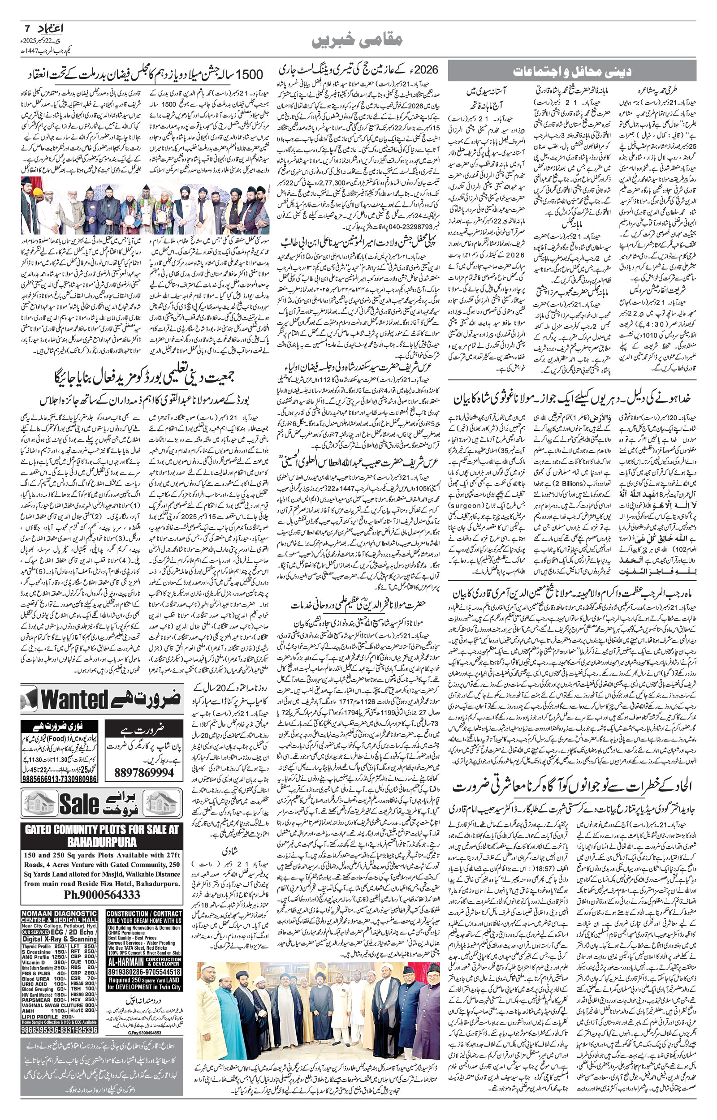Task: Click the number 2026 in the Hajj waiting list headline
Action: [427, 70]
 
